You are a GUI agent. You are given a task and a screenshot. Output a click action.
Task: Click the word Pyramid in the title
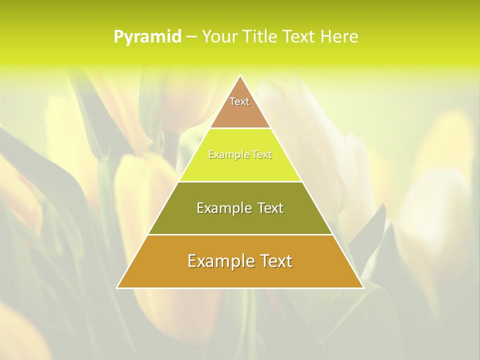147,37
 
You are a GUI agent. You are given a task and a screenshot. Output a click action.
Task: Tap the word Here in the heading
339,37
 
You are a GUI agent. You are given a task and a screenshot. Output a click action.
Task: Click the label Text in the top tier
239,101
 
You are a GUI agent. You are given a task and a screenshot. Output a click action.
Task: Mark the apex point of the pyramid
240,76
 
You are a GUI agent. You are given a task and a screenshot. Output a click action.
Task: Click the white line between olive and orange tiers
240,234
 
